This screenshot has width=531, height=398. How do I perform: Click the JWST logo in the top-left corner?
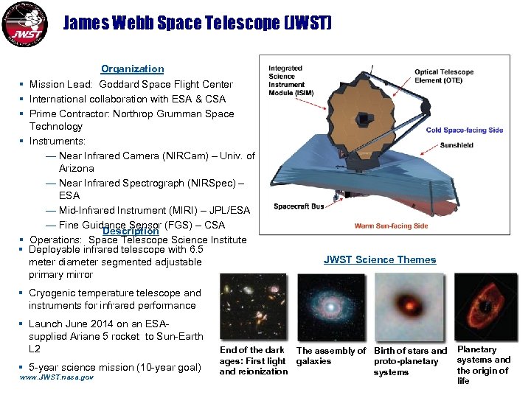26,25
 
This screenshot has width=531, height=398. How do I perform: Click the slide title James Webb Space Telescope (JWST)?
197,24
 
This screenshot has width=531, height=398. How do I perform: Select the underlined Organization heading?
132,69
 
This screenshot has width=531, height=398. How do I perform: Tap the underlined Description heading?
131,231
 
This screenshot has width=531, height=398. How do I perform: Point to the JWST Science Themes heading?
380,259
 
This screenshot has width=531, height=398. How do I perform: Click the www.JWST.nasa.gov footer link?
57,377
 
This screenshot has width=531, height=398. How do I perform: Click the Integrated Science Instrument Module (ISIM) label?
285,80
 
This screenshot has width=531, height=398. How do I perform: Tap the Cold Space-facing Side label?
465,130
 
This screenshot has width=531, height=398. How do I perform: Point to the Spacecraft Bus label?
299,207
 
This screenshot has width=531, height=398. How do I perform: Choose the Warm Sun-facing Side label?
391,226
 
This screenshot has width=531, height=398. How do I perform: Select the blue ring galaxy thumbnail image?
330,306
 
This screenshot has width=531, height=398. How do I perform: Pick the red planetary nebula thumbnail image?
485,306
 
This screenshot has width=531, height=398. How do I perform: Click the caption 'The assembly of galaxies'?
330,356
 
